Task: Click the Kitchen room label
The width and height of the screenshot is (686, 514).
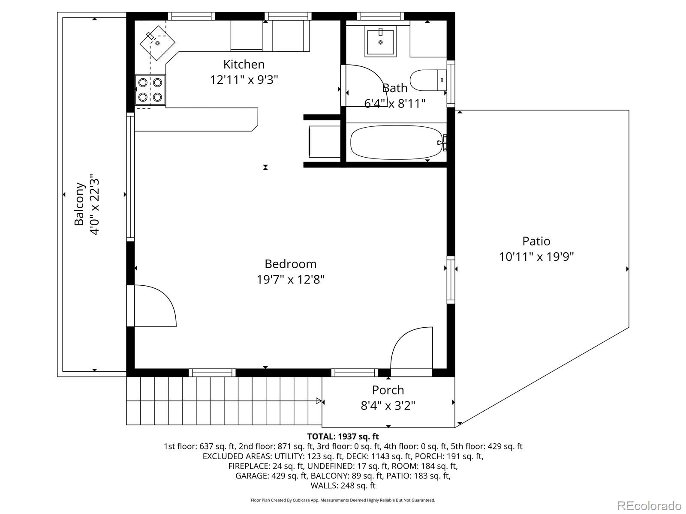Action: pyautogui.click(x=244, y=65)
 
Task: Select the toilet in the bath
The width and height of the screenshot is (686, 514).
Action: pyautogui.click(x=428, y=80)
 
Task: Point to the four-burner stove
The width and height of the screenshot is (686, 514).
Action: pyautogui.click(x=150, y=90)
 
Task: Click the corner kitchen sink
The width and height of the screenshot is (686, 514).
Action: pyautogui.click(x=157, y=43)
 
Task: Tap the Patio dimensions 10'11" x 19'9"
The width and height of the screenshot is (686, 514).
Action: pyautogui.click(x=536, y=257)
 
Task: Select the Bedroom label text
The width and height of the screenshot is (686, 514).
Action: pyautogui.click(x=290, y=264)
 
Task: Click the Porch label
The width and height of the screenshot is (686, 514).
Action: pyautogui.click(x=388, y=390)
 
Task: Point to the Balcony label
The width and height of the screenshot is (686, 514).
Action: pyautogui.click(x=79, y=204)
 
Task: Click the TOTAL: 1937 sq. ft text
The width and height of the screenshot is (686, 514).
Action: pyautogui.click(x=343, y=436)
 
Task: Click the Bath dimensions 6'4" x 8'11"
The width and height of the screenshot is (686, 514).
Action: pyautogui.click(x=395, y=103)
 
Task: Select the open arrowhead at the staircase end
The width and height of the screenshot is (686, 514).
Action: pyautogui.click(x=319, y=401)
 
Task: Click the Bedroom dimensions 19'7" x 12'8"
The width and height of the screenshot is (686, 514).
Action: pyautogui.click(x=290, y=279)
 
